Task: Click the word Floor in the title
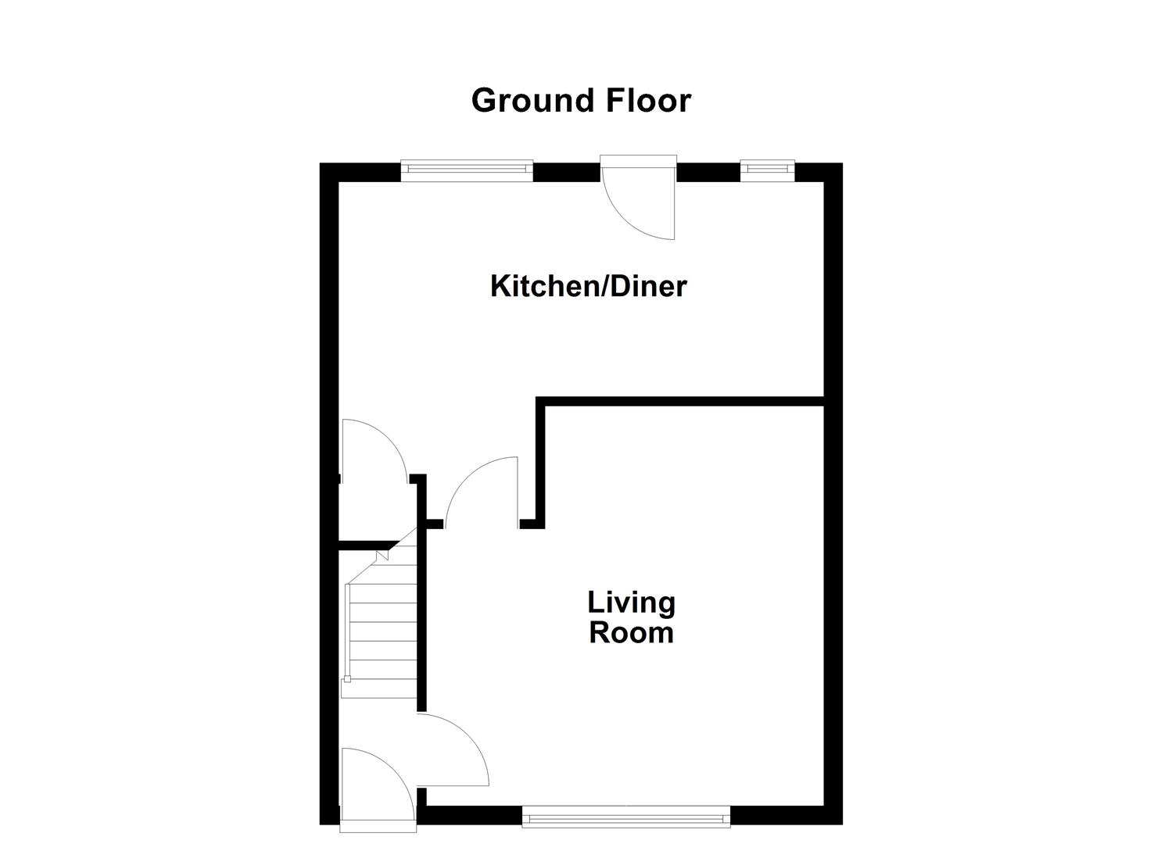tap(648, 101)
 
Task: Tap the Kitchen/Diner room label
tap(588, 286)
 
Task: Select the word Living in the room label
tap(631, 603)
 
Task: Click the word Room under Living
tap(631, 632)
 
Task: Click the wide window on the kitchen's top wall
tap(467, 170)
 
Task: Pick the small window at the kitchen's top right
tap(767, 170)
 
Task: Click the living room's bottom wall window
tap(625, 818)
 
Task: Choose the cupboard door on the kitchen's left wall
tap(373, 449)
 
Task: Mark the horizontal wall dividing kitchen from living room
tap(680, 402)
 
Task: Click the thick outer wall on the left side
tap(329, 492)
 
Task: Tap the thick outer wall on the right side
tap(833, 492)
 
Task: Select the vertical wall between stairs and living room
tap(422, 617)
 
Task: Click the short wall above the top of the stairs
tap(367, 544)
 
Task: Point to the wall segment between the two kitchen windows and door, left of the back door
tap(566, 172)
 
